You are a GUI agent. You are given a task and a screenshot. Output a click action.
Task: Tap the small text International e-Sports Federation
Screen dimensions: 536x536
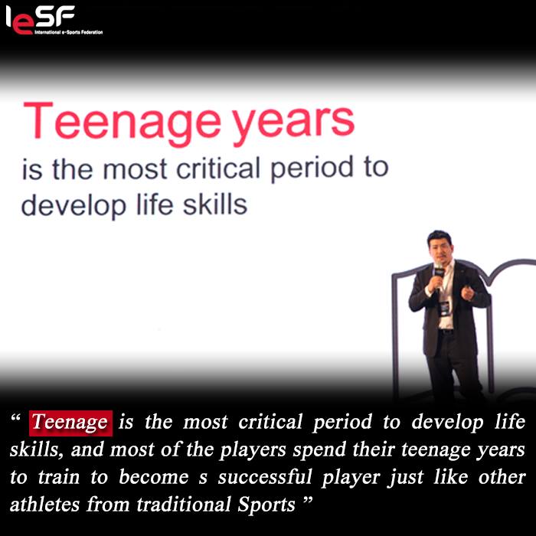coord(68,32)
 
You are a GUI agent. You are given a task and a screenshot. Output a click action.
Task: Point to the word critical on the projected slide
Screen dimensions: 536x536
coord(217,168)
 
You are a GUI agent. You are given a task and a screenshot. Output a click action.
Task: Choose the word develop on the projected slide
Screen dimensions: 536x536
coord(74,206)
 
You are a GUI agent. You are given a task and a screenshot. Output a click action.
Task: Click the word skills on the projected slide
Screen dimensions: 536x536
coord(215,204)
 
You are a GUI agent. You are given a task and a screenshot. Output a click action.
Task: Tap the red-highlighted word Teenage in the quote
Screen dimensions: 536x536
coord(70,423)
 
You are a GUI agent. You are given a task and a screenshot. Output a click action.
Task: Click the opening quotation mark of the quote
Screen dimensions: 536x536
coord(16,418)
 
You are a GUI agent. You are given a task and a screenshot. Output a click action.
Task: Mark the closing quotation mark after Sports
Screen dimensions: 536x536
coord(308,501)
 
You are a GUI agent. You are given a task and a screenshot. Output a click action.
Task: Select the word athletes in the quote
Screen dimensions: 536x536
coord(44,504)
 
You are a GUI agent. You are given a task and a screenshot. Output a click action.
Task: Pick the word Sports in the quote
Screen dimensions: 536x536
coord(266,505)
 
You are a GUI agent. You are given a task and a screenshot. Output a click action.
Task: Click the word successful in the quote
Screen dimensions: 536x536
coord(265,477)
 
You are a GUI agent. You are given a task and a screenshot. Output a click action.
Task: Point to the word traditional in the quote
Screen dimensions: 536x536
coord(183,504)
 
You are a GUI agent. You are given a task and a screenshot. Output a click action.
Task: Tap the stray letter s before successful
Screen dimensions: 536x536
coord(203,479)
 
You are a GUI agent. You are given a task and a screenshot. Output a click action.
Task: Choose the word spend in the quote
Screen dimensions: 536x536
coord(319,450)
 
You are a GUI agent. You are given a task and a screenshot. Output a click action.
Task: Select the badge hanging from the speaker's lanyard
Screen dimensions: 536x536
coord(444,309)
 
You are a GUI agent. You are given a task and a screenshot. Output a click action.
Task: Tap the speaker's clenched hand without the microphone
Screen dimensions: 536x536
coord(468,293)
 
